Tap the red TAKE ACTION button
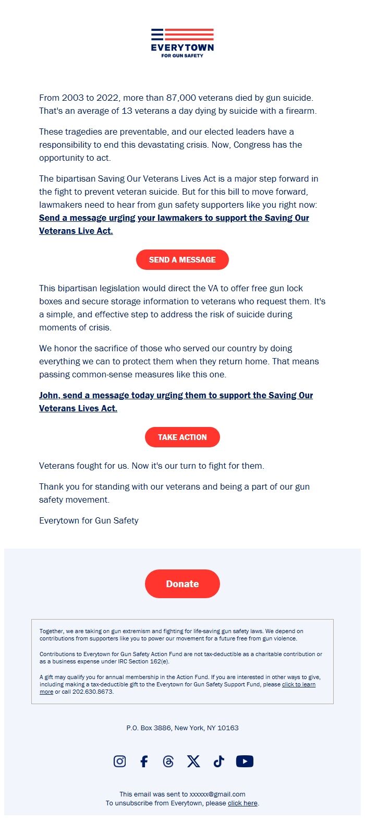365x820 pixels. [182, 437]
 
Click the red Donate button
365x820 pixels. [182, 584]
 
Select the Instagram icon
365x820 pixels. [119, 762]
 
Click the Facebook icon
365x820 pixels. [144, 762]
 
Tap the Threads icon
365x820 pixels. [168, 762]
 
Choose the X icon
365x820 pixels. [193, 762]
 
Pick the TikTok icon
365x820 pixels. [218, 762]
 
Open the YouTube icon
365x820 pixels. [245, 762]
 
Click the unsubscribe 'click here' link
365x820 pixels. [242, 803]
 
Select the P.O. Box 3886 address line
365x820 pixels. [182, 728]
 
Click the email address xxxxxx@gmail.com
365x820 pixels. [217, 794]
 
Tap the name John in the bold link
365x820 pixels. [48, 395]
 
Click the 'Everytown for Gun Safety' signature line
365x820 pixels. [89, 520]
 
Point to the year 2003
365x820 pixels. [72, 98]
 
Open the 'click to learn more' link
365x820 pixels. [298, 684]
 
